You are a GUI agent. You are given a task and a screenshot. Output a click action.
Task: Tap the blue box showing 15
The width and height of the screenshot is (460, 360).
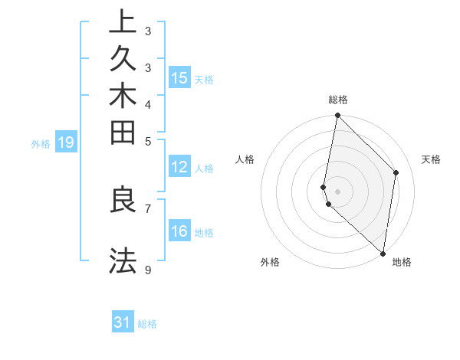(x=179, y=77)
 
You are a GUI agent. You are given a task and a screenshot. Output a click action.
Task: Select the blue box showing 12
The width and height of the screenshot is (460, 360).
(x=179, y=168)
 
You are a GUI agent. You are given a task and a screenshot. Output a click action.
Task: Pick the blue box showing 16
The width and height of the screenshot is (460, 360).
(x=179, y=231)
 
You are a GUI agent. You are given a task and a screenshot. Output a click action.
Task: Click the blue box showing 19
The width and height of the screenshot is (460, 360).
(x=66, y=142)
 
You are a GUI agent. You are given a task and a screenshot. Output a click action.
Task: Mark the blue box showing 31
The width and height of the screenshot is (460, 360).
(x=123, y=322)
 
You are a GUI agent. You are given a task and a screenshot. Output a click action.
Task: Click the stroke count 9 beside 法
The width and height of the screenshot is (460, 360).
(x=148, y=270)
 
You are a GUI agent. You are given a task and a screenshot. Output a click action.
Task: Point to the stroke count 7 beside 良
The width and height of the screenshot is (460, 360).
(x=148, y=208)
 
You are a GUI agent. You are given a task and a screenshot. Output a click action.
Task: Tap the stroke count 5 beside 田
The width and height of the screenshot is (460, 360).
(x=148, y=141)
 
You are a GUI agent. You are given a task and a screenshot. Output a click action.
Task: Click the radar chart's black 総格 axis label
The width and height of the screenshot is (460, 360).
(x=338, y=100)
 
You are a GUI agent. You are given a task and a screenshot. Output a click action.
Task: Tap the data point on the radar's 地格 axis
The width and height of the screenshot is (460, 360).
(x=383, y=254)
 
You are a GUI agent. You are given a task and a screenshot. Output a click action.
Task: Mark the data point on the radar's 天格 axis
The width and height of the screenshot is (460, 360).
(x=396, y=172)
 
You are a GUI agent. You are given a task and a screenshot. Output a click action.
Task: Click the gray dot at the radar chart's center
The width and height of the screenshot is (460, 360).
(x=337, y=191)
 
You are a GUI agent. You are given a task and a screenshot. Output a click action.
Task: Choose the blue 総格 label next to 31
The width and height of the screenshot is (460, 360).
(x=147, y=324)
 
